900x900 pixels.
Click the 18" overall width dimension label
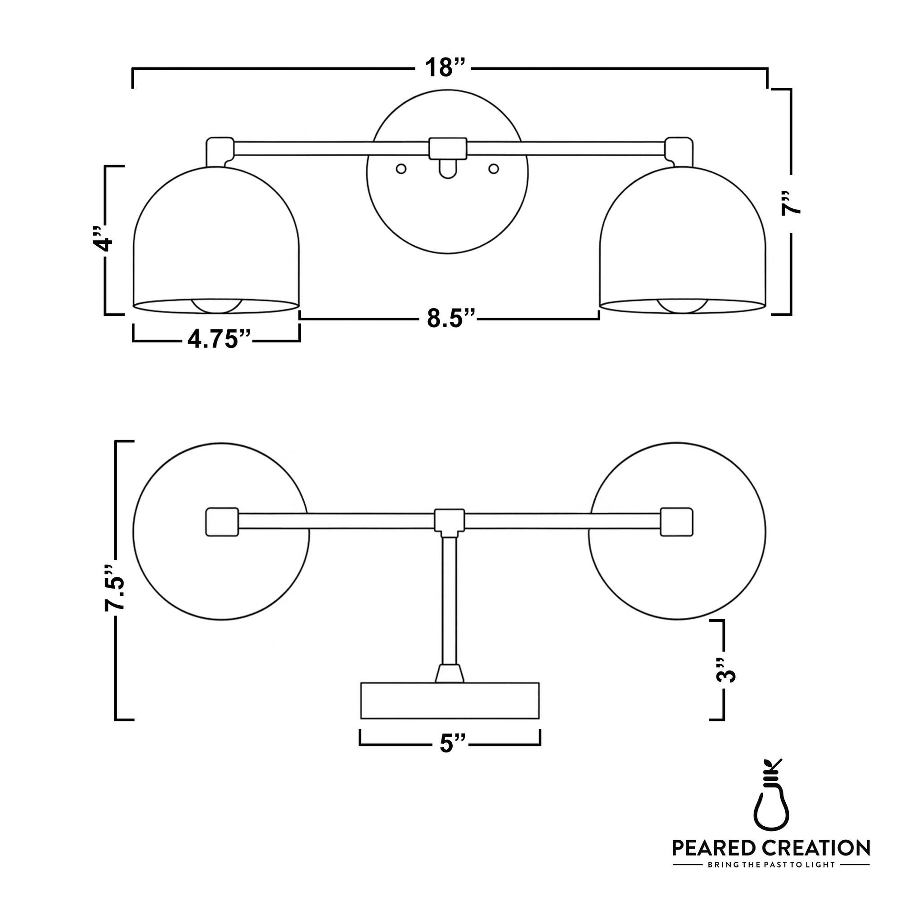pos(445,68)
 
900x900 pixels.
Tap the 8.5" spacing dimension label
pos(450,319)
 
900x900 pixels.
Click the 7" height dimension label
pos(791,202)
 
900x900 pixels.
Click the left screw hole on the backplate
pos(401,169)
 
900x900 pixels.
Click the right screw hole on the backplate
pos(494,169)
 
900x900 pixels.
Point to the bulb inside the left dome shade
pos(217,306)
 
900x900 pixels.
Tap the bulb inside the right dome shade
pos(683,306)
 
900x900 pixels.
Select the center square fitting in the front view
pos(448,148)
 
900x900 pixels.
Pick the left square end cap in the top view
pos(222,522)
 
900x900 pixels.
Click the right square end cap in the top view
pos(676,522)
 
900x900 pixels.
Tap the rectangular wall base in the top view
pos(450,701)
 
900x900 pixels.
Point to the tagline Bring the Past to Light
pos(771,865)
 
